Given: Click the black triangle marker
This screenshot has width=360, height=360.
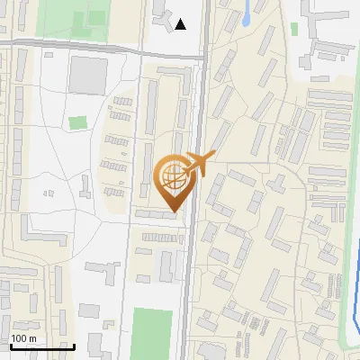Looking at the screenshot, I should [x=181, y=24].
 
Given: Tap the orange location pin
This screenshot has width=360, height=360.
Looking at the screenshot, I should [x=175, y=181].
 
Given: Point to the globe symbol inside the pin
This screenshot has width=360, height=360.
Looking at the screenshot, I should [x=173, y=175].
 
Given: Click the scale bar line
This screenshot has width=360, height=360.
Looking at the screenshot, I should [x=41, y=346].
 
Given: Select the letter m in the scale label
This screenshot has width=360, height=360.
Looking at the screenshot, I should [x=32, y=338].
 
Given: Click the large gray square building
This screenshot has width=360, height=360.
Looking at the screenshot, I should [x=86, y=75].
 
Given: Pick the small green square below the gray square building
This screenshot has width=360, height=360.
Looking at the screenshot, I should [x=78, y=122].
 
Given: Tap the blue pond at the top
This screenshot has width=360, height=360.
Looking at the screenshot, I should [x=247, y=12].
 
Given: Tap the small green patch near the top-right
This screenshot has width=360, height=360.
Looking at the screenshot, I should [x=294, y=29].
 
